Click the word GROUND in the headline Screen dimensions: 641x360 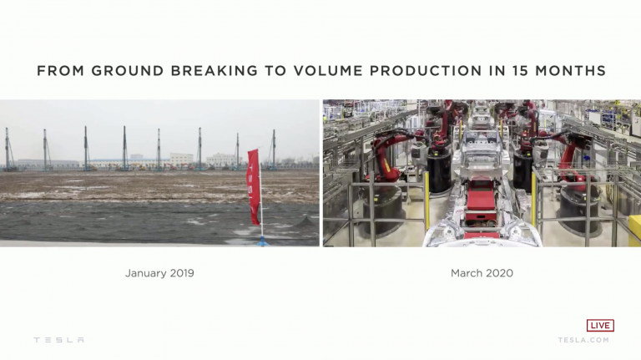(x=128, y=71)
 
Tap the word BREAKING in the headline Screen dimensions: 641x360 (x=215, y=71)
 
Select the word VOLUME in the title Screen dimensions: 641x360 (x=328, y=71)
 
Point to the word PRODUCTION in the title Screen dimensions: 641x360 (x=426, y=71)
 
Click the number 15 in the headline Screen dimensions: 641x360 (x=520, y=71)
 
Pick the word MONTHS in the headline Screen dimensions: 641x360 (x=570, y=71)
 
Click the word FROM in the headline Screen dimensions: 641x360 (x=60, y=71)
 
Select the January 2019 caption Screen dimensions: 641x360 (x=159, y=273)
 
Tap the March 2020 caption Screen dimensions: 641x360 (x=482, y=273)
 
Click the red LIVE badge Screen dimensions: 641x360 (x=600, y=325)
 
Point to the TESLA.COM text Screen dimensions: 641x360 (x=583, y=340)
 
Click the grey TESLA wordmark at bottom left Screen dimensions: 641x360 (x=59, y=340)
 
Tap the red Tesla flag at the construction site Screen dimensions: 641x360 (x=254, y=186)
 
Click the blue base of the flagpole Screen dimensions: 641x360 (x=262, y=241)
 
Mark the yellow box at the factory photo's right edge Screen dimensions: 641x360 (x=634, y=231)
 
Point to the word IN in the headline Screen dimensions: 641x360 (x=497, y=71)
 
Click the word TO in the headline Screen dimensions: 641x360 (x=275, y=71)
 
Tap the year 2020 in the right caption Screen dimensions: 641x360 (x=500, y=273)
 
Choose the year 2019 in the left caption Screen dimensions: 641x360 (x=182, y=273)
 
